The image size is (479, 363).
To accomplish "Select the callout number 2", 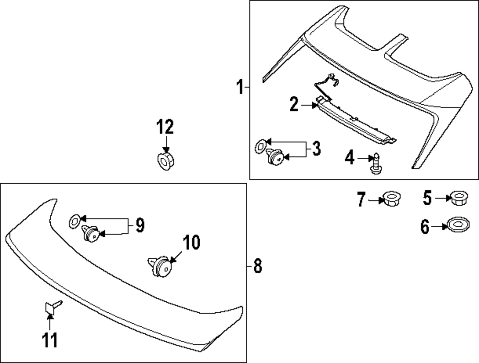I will click(294, 104).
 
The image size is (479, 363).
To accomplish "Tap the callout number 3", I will click(316, 149).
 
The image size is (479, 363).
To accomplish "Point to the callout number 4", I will click(350, 157).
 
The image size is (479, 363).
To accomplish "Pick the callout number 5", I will click(427, 197).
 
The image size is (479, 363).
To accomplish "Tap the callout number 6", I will click(425, 227).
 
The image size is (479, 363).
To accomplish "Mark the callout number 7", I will click(361, 199).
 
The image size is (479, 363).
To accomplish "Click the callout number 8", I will click(257, 265).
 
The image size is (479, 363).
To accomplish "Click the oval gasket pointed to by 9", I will click(74, 220).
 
